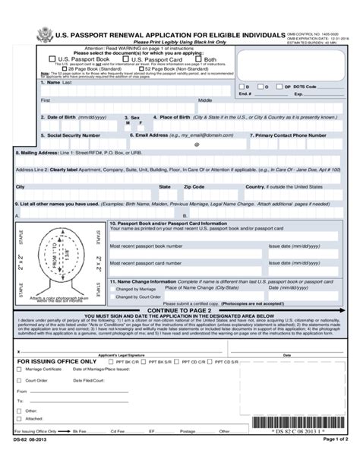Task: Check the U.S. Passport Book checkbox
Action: tap(52, 59)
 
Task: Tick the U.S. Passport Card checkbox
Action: tap(125, 59)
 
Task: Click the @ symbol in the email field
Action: tap(196, 144)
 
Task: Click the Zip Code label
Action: tap(194, 186)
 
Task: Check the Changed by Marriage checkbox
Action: tap(112, 290)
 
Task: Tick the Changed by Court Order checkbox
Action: tap(112, 297)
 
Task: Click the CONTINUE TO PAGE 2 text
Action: tap(179, 310)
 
